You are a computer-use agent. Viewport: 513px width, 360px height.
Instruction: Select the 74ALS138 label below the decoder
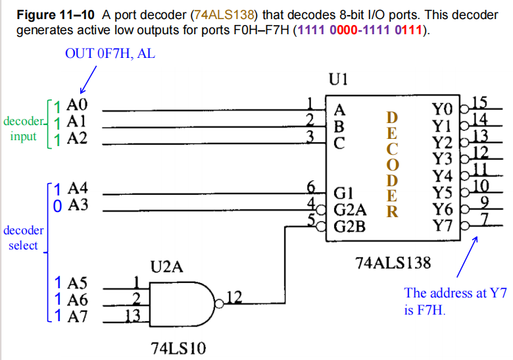[x=393, y=263]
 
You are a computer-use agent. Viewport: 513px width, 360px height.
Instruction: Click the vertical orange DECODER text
[x=391, y=164]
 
